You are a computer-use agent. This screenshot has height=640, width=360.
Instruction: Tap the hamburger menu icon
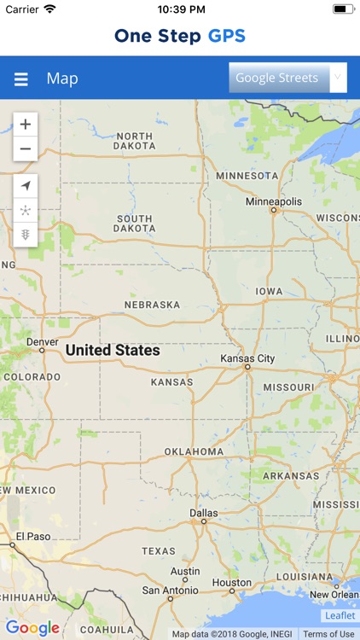pos(21,79)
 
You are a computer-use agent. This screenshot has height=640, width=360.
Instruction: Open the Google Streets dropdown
pos(287,78)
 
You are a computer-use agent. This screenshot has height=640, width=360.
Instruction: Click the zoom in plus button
pos(26,125)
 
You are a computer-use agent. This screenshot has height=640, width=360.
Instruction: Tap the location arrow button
pos(26,186)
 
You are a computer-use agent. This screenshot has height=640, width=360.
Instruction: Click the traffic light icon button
pos(26,234)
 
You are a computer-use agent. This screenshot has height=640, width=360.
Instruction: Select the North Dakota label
pos(135,142)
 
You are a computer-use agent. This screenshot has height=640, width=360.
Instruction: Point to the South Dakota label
pos(135,224)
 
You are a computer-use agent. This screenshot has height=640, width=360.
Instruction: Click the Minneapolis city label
pos(273,201)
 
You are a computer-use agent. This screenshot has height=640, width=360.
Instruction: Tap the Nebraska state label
pos(152,305)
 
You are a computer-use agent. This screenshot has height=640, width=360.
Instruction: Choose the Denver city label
pos(42,341)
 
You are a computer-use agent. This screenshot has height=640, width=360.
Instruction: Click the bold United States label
pos(113,350)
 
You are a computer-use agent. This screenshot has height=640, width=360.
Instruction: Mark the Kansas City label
pos(247,358)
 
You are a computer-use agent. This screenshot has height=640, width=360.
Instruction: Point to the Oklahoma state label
pos(194,451)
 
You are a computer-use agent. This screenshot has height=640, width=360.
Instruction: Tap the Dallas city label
pos(204,513)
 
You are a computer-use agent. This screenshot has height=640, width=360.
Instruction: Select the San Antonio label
pos(169,590)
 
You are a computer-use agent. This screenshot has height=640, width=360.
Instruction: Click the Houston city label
pos(232,583)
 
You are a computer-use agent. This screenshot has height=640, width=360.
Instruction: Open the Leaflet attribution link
pos(340,615)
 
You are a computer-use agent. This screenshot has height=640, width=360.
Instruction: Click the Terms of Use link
pos(328,634)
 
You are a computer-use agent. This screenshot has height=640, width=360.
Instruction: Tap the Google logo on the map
pos(32,628)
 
